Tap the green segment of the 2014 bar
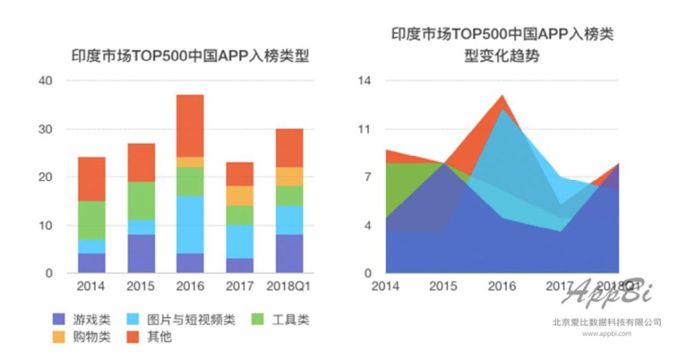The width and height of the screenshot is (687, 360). tap(91, 220)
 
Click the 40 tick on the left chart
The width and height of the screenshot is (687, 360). tap(47, 81)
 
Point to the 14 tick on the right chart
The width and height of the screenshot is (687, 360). tap(363, 81)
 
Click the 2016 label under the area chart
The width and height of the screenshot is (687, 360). tap(502, 286)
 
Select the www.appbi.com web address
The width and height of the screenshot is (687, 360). tap(607, 334)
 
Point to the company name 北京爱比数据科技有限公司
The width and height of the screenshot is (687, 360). tap(607, 322)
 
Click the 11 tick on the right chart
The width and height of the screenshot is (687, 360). tap(363, 129)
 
